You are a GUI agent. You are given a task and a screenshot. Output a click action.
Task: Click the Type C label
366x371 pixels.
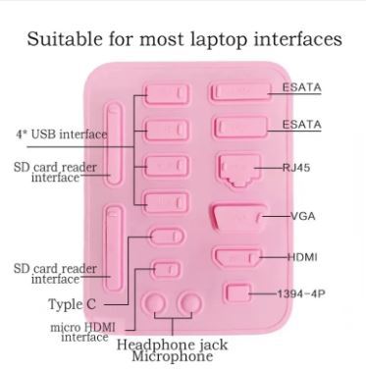pyautogui.click(x=73, y=304)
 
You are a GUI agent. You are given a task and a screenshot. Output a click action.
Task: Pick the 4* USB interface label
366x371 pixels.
pyautogui.click(x=61, y=133)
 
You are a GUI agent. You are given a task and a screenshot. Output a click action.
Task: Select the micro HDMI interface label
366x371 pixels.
pyautogui.click(x=78, y=331)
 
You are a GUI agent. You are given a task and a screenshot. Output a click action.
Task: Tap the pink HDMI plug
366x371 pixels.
pyautogui.click(x=235, y=258)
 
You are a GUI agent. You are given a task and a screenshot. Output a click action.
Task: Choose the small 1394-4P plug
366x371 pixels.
pyautogui.click(x=235, y=292)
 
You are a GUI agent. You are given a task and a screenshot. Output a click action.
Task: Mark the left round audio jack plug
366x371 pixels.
pyautogui.click(x=155, y=303)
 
